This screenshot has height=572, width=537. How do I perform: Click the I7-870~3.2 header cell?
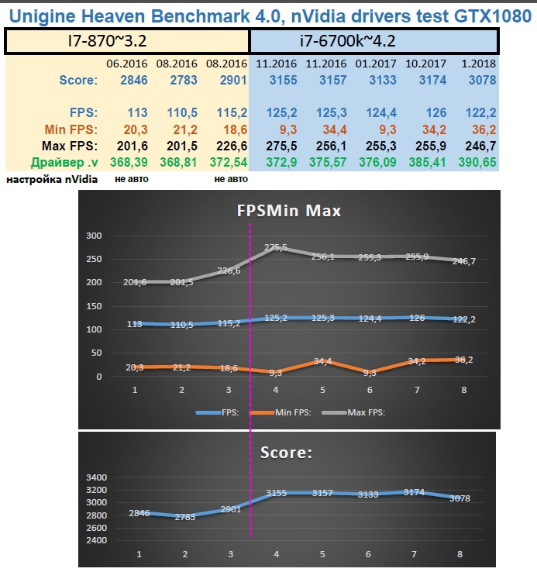coord(127,40)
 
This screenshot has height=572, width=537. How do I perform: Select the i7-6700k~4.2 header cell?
coord(373,40)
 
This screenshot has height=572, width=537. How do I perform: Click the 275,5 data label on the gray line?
coord(275,248)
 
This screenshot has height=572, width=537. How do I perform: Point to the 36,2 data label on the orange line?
coord(463,360)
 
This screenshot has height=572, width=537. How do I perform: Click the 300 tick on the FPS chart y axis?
coord(94,236)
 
